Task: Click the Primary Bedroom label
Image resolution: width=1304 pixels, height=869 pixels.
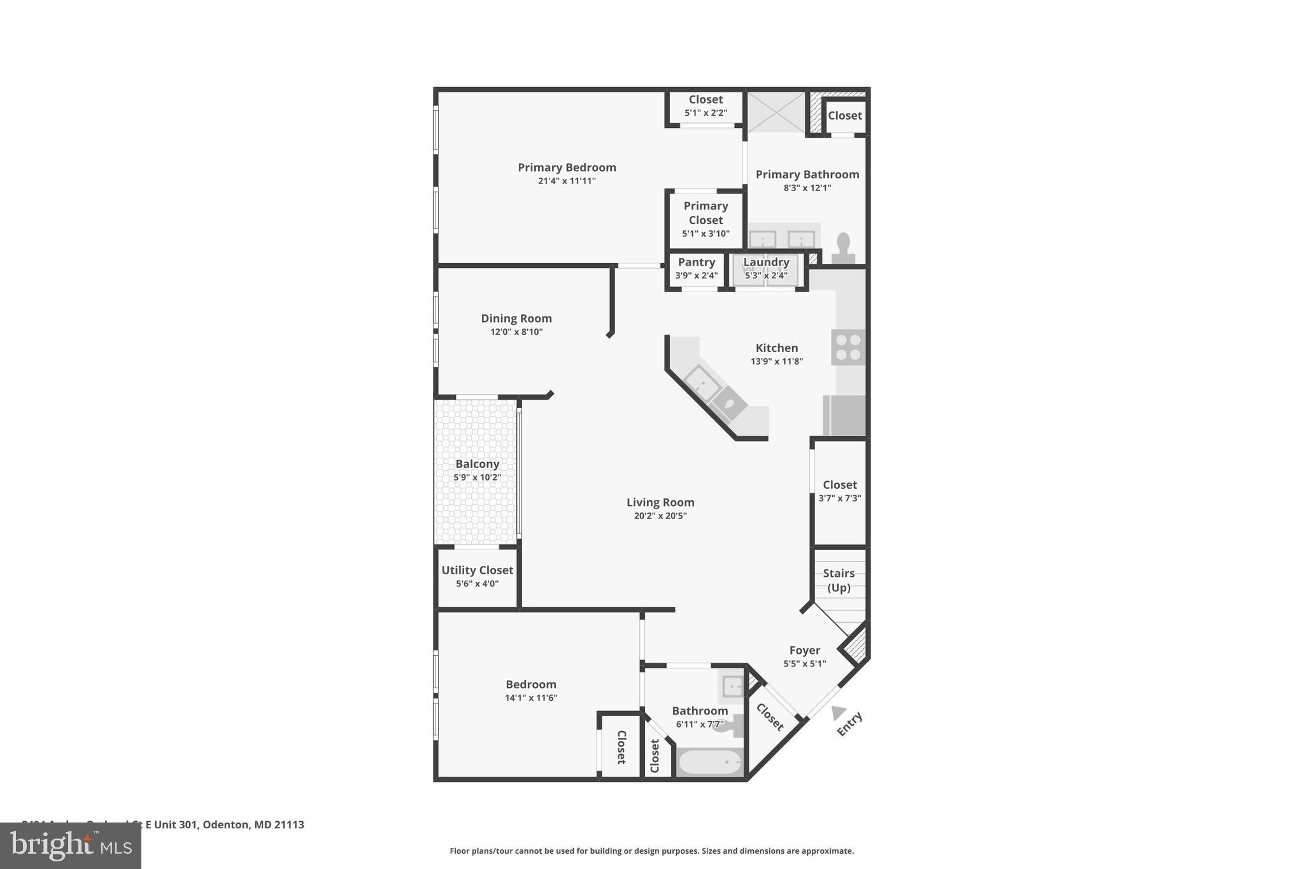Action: click(567, 167)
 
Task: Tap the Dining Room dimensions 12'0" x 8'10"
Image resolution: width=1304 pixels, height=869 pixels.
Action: click(516, 332)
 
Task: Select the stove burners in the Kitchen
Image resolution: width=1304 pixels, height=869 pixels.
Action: click(848, 348)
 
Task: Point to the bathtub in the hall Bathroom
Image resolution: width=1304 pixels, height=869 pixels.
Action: click(709, 762)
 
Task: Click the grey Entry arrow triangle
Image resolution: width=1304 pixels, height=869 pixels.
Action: click(838, 713)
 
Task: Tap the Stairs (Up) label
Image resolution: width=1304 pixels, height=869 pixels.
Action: click(839, 580)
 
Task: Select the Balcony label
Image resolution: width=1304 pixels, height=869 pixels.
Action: click(477, 464)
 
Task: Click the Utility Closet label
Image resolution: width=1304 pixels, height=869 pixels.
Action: click(477, 570)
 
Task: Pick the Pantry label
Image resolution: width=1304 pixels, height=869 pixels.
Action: click(696, 262)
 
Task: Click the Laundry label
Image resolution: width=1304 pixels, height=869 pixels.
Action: click(766, 262)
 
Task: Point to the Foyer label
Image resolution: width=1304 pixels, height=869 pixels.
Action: click(804, 650)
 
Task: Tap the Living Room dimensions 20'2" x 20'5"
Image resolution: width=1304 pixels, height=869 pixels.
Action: click(660, 516)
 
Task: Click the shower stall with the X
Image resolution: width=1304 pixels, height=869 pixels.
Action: click(776, 112)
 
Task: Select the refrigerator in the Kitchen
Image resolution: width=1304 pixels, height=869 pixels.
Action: click(844, 415)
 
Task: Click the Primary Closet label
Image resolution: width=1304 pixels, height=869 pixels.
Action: click(705, 213)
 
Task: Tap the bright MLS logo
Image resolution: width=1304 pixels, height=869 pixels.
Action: click(70, 846)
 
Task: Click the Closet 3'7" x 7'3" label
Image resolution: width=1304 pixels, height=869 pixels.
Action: click(839, 485)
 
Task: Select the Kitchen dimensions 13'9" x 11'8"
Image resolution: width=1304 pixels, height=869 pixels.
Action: click(776, 362)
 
